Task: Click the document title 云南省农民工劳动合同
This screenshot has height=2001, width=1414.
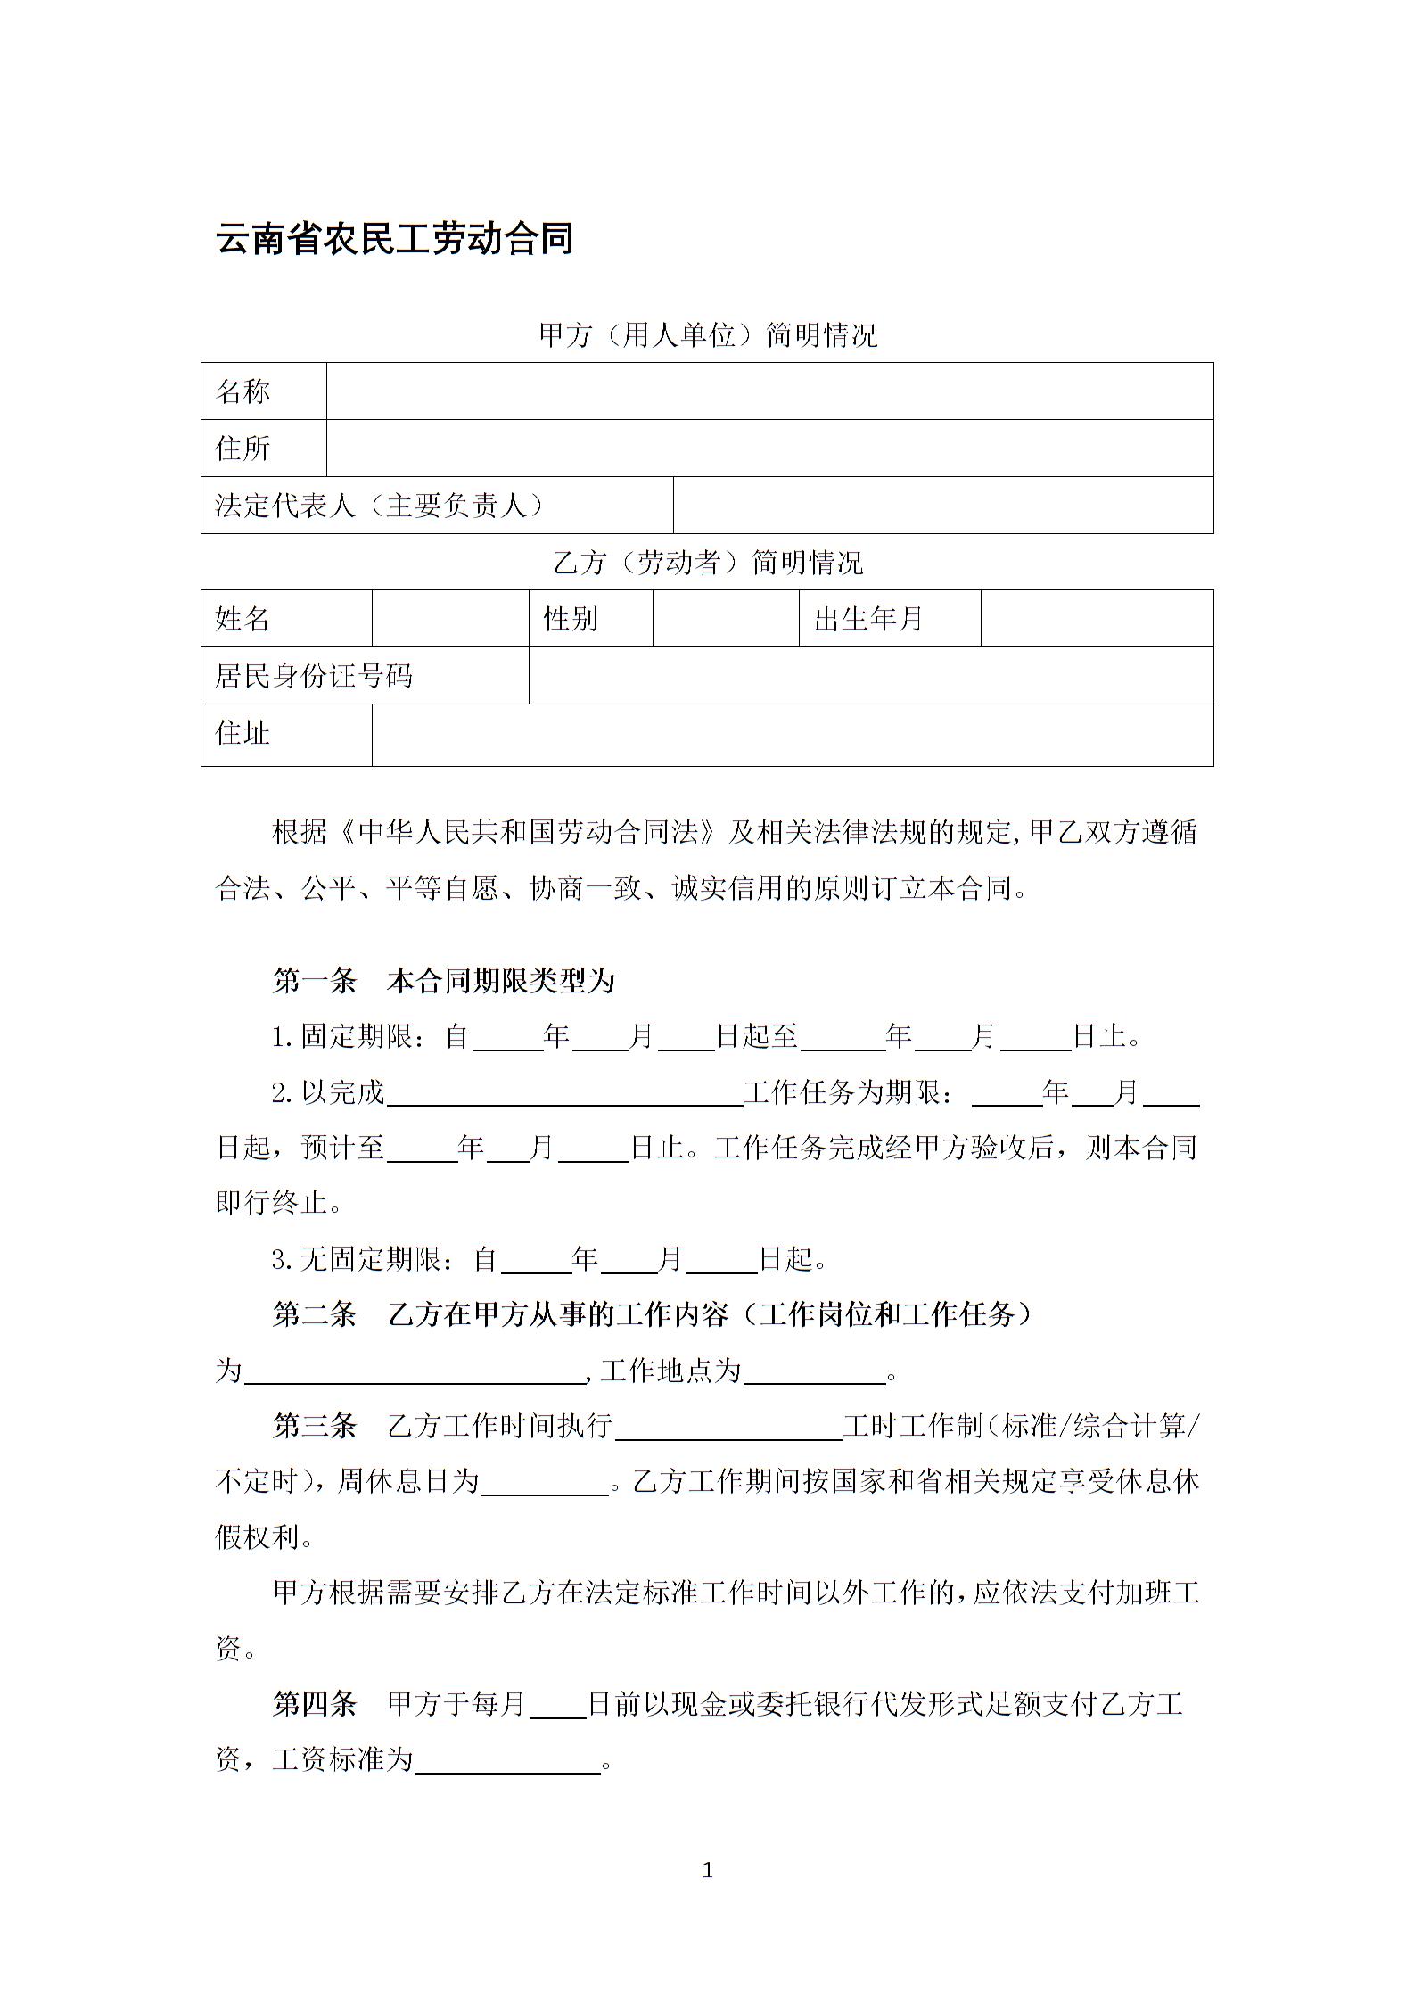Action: (x=394, y=239)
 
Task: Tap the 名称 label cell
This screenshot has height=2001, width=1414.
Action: (x=243, y=391)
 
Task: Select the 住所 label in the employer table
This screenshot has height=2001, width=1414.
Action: (x=243, y=449)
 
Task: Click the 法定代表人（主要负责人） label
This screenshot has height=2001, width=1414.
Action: (x=380, y=506)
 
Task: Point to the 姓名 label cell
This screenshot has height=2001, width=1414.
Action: (x=243, y=619)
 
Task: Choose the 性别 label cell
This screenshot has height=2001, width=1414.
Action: (x=571, y=619)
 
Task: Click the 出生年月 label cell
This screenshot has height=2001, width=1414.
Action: (x=867, y=619)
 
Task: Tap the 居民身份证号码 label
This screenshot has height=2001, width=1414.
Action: (x=314, y=676)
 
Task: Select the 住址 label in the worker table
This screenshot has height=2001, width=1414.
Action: (x=243, y=734)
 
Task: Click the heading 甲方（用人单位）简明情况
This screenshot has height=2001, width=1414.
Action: (x=708, y=335)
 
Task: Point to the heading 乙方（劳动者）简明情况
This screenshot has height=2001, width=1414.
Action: (x=708, y=563)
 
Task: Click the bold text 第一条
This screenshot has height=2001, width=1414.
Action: (x=314, y=981)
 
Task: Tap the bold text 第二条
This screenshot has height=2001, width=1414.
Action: (x=314, y=1314)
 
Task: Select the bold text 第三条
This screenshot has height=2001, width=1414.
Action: (x=314, y=1425)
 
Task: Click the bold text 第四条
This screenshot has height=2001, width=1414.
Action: (x=314, y=1704)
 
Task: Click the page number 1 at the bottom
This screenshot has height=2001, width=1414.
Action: (x=708, y=1871)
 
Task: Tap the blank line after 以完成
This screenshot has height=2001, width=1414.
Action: (x=564, y=1095)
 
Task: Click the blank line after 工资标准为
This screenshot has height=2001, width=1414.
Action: (x=508, y=1762)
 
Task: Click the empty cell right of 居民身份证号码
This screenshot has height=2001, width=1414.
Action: (x=870, y=676)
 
